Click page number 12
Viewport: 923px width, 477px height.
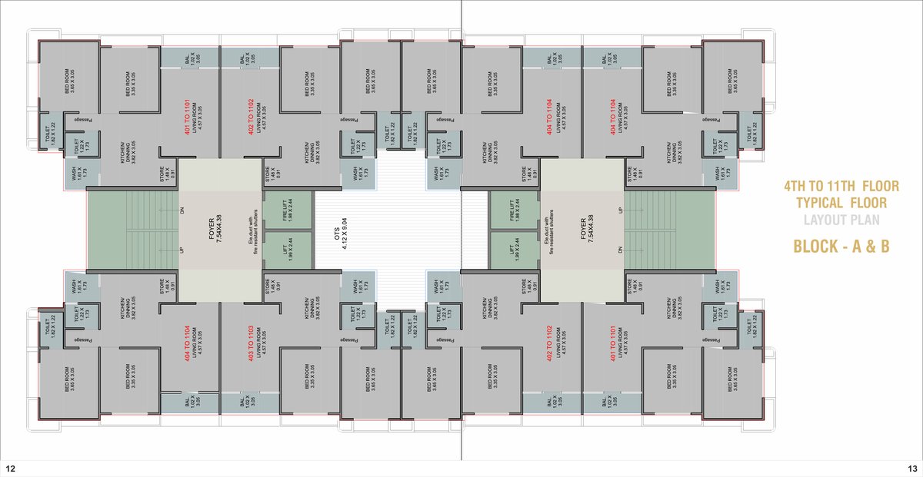[10, 468]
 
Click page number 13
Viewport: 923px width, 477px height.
[912, 468]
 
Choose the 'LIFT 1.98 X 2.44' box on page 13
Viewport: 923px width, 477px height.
[513, 250]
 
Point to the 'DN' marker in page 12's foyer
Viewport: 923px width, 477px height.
[182, 209]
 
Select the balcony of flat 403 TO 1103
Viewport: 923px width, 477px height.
[250, 402]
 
